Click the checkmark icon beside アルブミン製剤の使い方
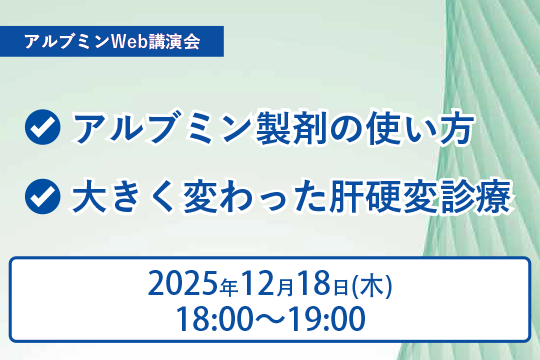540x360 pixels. (42, 131)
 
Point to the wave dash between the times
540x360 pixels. (269, 320)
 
